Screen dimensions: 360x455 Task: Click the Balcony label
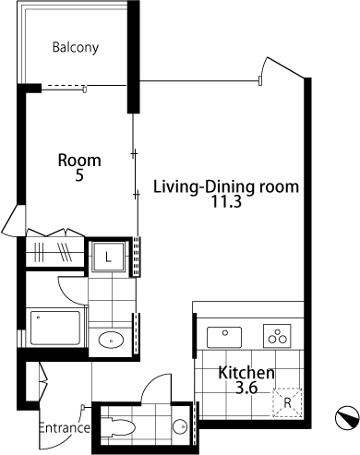pos(76,48)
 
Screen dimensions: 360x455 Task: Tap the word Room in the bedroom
pos(79,161)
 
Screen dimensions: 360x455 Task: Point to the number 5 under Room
pos(79,175)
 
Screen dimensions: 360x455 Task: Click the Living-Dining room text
pos(226,186)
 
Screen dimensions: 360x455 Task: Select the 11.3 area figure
pos(226,202)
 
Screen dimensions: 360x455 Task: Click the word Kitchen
pos(246,373)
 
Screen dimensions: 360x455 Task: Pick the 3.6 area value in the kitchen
pos(246,388)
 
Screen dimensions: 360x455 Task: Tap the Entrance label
pos(65,428)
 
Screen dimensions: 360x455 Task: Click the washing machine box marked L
pos(108,257)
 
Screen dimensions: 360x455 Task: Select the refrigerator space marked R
pos(287,402)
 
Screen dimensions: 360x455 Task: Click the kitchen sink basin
pos(224,337)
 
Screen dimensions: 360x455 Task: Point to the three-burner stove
pos(277,336)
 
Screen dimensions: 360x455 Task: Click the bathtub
pos(55,328)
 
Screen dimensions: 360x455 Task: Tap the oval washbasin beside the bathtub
pos(111,340)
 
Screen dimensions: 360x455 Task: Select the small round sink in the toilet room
pos(180,426)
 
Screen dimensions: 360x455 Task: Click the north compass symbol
pos(347,418)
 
